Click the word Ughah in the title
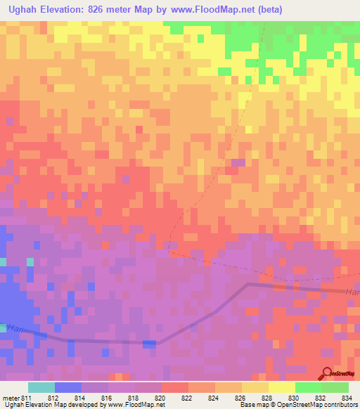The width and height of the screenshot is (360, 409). pyautogui.click(x=22, y=11)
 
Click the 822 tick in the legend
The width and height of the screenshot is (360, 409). pyautogui.click(x=188, y=398)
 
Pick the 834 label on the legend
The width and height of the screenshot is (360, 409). pyautogui.click(x=349, y=398)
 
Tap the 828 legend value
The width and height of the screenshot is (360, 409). pyautogui.click(x=269, y=398)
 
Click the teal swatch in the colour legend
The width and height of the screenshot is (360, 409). pyautogui.click(x=41, y=387)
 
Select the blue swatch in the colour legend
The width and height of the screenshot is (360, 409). pyautogui.click(x=68, y=387)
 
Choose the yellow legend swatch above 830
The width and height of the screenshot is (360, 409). pyautogui.click(x=282, y=387)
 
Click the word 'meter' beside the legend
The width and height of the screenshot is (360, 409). pyautogui.click(x=11, y=398)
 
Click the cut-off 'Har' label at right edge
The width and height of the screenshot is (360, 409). pyautogui.click(x=352, y=292)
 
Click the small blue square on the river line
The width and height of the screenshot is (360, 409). pyautogui.click(x=150, y=343)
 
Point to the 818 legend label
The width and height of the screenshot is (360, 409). pyautogui.click(x=135, y=398)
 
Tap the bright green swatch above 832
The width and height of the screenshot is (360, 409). pyautogui.click(x=309, y=387)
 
